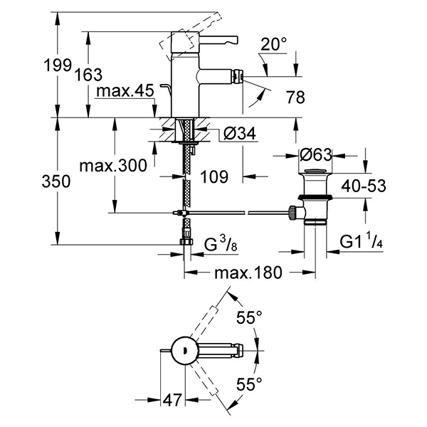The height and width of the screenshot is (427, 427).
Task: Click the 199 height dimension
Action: (x=57, y=65)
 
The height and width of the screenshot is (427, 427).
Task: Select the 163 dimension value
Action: (x=88, y=74)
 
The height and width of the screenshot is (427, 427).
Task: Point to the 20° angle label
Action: (x=274, y=44)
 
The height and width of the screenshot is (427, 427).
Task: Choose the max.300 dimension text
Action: (x=113, y=166)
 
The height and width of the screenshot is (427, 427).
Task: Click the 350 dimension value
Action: (x=57, y=181)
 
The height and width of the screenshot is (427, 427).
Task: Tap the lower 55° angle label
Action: (x=250, y=384)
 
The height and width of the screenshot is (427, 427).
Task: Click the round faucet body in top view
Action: (x=184, y=350)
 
